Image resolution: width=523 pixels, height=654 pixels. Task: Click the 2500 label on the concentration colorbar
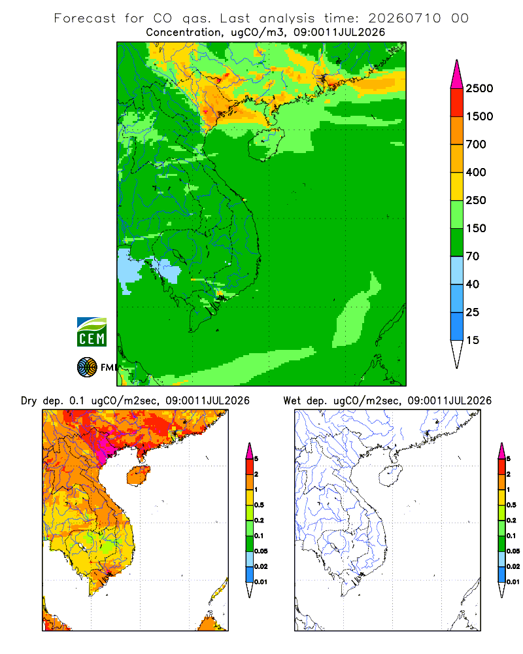[x=479, y=88]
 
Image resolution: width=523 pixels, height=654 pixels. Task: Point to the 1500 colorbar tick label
[x=479, y=116]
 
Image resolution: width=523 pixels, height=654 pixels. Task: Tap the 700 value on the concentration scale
[x=476, y=145]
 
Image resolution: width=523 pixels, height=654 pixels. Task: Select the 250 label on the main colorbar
[x=476, y=200]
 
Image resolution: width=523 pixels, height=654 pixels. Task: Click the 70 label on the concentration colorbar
[x=473, y=256]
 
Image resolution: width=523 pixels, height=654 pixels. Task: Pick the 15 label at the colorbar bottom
[x=473, y=340]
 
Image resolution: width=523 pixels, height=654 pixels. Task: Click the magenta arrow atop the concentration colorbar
[x=457, y=75]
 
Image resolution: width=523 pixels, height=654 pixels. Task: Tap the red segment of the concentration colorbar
[x=457, y=103]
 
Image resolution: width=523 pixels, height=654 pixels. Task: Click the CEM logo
[x=92, y=332]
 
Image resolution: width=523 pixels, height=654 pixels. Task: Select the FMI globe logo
[x=87, y=368]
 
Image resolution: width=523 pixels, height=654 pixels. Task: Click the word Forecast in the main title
[x=85, y=18]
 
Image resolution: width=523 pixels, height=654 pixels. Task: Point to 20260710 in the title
[x=404, y=18]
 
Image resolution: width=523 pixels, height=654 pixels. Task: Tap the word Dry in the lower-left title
[x=29, y=401]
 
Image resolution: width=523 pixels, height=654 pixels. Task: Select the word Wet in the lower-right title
[x=292, y=401]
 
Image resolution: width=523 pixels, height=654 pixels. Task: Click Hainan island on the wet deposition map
[x=392, y=475]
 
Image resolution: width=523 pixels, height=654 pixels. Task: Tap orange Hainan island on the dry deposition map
[x=139, y=475]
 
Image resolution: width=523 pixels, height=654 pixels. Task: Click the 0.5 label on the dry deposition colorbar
[x=259, y=505]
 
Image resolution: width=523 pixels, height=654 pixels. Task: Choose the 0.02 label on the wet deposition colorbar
[x=513, y=566]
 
